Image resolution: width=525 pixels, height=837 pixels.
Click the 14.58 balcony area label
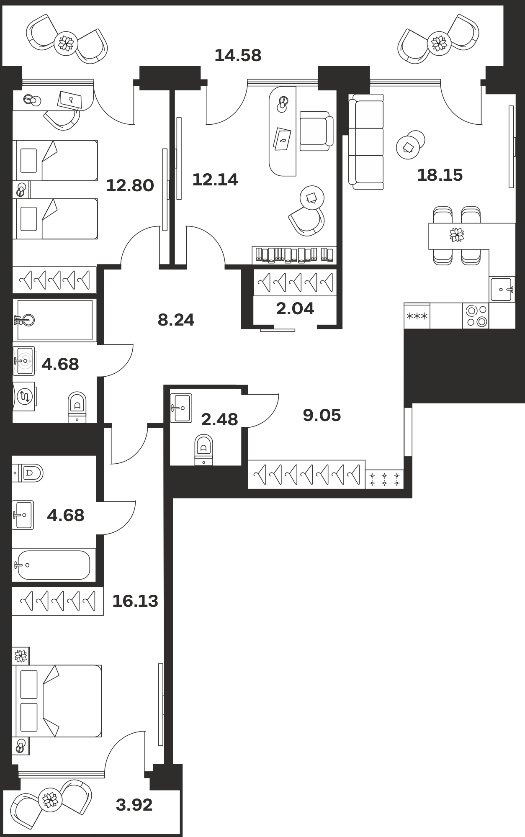[x=238, y=55]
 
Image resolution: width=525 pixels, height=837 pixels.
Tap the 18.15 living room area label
[x=440, y=175]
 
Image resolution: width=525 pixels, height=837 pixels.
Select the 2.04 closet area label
[x=295, y=308]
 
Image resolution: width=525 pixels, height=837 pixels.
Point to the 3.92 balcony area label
[x=134, y=804]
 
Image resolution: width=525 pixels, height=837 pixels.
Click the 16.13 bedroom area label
[x=135, y=601]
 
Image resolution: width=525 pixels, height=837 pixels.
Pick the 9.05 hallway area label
[x=322, y=415]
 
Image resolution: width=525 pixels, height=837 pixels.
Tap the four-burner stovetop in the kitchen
[x=476, y=316]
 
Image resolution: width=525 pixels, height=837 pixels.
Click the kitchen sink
[x=502, y=289]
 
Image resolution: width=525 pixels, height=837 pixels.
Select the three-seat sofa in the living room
[x=366, y=142]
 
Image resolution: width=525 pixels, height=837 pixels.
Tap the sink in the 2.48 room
[x=181, y=408]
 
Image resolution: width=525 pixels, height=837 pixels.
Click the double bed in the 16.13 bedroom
[x=59, y=701]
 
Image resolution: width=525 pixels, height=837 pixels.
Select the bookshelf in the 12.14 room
[x=294, y=255]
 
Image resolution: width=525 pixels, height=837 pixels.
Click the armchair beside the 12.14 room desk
[x=316, y=131]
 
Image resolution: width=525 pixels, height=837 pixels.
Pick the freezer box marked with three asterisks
[x=417, y=316]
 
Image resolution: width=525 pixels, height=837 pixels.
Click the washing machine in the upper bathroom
[x=24, y=396]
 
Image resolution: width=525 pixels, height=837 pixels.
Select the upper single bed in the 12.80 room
[x=55, y=160]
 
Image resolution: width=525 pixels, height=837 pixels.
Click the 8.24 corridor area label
[x=176, y=320]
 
